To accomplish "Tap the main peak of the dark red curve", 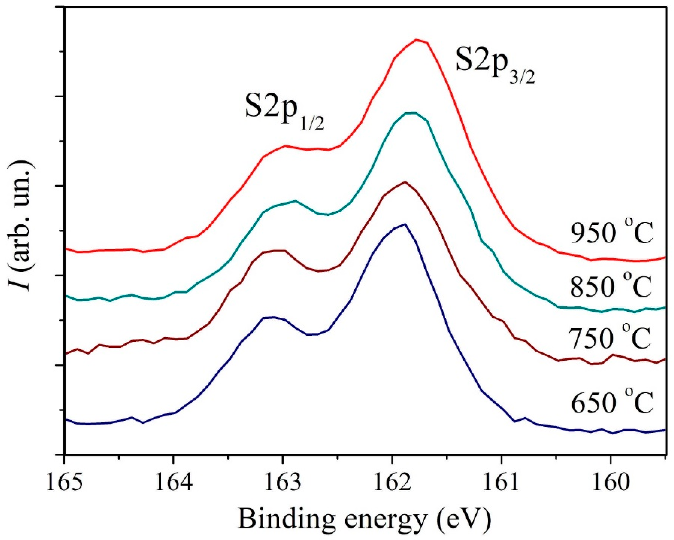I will pyautogui.click(x=405, y=182).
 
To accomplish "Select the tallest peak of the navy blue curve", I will pyautogui.click(x=405, y=224).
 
